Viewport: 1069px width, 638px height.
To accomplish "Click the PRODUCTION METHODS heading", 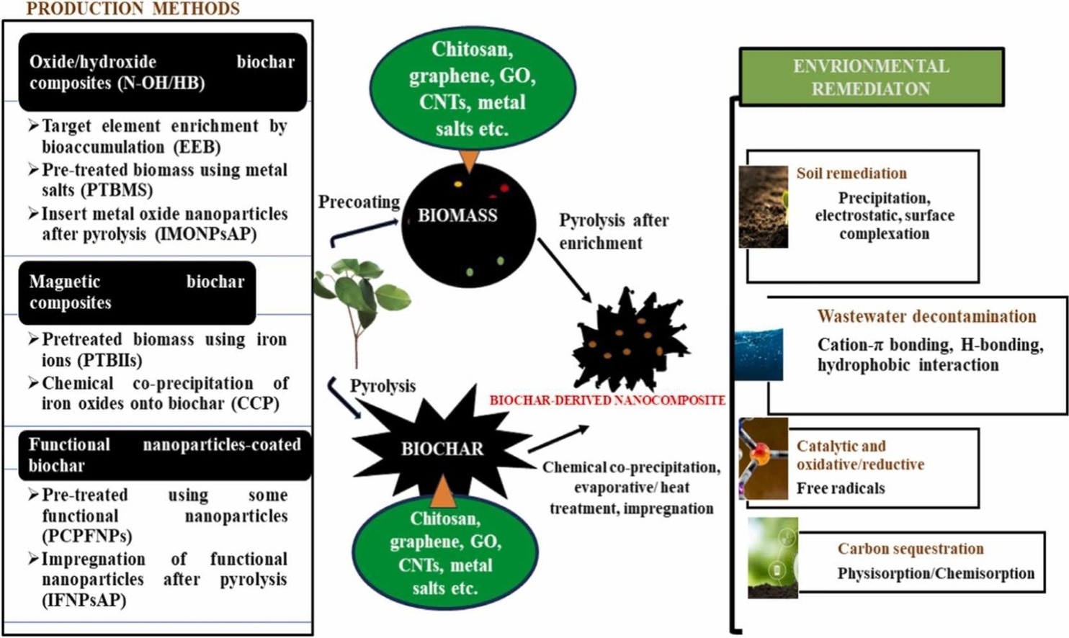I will tap(133, 9).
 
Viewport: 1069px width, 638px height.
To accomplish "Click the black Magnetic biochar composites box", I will tap(137, 292).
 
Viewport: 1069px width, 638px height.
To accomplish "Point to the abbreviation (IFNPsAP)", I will tap(84, 600).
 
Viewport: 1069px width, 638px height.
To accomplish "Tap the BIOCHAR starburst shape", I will tap(442, 448).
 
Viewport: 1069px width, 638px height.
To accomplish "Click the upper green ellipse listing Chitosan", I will tap(473, 89).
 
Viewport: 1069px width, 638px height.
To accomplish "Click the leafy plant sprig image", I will tap(360, 302).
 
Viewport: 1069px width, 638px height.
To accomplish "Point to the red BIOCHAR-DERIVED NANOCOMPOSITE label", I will tap(607, 400).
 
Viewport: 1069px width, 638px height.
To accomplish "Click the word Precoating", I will tap(359, 202).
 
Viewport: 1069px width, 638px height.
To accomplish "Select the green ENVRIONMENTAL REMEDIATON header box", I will tap(871, 77).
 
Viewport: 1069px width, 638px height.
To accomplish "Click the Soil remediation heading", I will tap(851, 173).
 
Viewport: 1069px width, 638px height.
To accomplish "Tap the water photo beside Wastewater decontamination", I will tap(758, 353).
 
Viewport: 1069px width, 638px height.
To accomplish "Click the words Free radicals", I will tap(840, 488).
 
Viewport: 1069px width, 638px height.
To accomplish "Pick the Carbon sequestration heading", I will tap(910, 549).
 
